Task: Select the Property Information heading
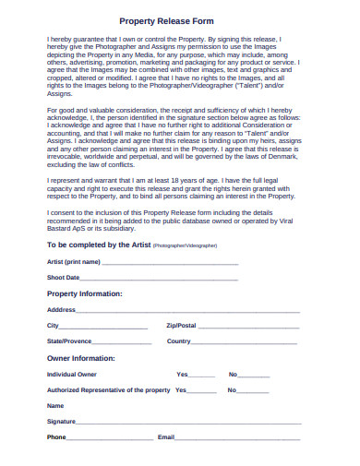(x=84, y=293)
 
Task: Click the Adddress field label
(x=62, y=309)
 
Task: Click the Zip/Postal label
(x=181, y=326)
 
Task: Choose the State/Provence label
(x=69, y=341)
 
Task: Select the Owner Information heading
(x=80, y=357)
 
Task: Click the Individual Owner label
(x=72, y=375)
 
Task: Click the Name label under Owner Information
(x=55, y=406)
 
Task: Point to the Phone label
(x=56, y=436)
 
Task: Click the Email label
(x=166, y=436)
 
